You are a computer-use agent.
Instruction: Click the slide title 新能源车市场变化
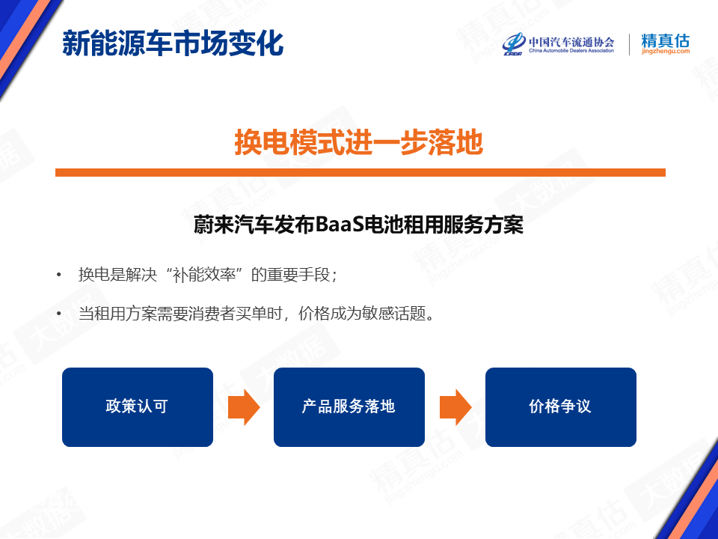coord(173,43)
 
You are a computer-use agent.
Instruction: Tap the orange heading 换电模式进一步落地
coord(359,142)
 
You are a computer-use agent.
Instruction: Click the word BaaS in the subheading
coord(340,225)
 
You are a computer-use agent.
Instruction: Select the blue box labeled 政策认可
coord(138,407)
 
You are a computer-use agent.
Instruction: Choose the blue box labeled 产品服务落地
coord(349,407)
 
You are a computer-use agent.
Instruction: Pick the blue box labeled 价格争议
coord(561,407)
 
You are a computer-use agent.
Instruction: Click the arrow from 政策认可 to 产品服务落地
coord(244,407)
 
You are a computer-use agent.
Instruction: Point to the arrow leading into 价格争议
coord(455,407)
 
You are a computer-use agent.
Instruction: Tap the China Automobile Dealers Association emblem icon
coord(514,44)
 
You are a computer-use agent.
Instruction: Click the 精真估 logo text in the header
coord(666,40)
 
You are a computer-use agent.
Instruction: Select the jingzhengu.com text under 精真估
coord(666,52)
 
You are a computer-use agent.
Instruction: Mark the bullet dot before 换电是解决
coord(58,275)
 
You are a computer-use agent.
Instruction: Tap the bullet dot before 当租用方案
coord(58,314)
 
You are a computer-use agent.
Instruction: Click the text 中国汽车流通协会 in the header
coord(571,42)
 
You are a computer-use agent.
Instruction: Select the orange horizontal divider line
coord(360,172)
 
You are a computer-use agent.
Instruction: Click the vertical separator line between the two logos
coord(629,44)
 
